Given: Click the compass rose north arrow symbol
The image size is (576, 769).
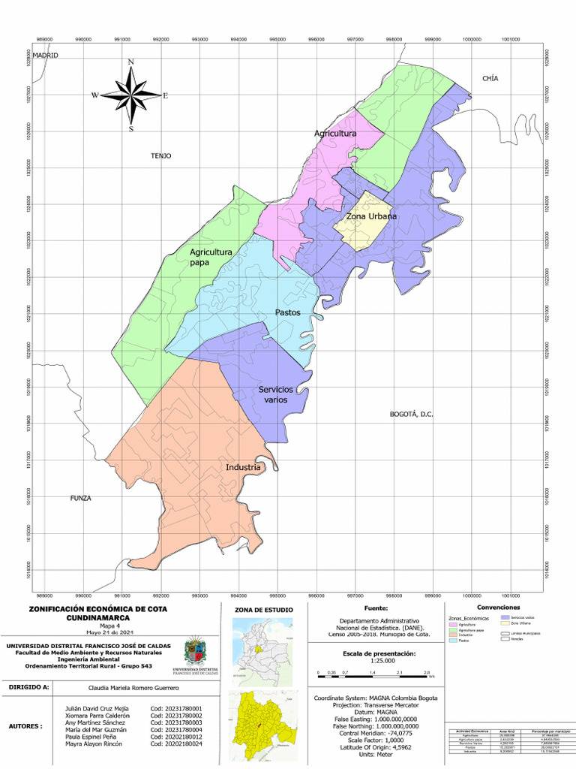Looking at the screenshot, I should click(131, 95).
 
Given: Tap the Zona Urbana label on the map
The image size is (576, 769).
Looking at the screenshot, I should click(371, 216).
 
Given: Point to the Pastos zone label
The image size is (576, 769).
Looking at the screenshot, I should click(287, 312).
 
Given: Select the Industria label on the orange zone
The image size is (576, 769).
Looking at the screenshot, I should click(243, 467).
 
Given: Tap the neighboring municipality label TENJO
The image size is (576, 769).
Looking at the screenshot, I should click(161, 156).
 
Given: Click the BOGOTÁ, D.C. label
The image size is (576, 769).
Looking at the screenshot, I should click(412, 414).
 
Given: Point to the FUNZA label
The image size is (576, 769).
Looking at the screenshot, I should click(80, 498).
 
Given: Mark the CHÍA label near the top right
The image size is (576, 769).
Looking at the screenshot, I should click(490, 78).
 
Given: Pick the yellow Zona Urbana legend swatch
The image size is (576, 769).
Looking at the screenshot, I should click(504, 623).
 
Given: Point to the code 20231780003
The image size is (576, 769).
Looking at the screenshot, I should click(176, 722).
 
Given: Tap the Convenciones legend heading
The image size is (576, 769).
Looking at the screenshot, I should click(498, 607).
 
